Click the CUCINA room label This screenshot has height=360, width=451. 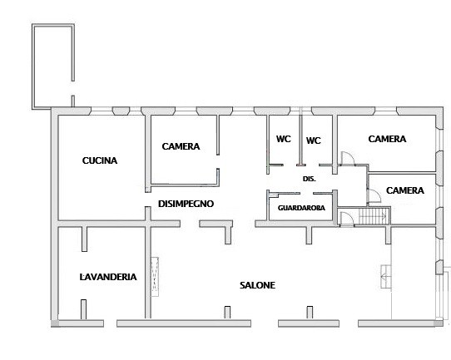pyautogui.click(x=100, y=160)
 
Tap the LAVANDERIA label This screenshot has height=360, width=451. pyautogui.click(x=108, y=277)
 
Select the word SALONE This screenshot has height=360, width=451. pyautogui.click(x=257, y=285)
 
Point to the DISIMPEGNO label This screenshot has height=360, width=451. pyautogui.click(x=186, y=204)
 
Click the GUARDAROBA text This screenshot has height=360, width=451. pyautogui.click(x=301, y=208)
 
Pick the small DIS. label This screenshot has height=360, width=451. pyautogui.click(x=310, y=179)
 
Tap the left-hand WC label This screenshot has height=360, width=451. pyautogui.click(x=284, y=139)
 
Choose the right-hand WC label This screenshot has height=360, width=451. pyautogui.click(x=313, y=141)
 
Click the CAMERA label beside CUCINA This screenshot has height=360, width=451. pyautogui.click(x=181, y=146)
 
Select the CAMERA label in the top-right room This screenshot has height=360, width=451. pyautogui.click(x=387, y=139)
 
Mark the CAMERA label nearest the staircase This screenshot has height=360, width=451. pyautogui.click(x=405, y=190)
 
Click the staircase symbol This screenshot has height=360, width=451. pyautogui.click(x=374, y=216)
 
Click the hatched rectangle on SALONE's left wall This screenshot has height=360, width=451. pyautogui.click(x=155, y=276)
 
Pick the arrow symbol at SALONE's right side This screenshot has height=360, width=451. pyautogui.click(x=386, y=277)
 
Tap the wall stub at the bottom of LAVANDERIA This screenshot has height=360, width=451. pyautogui.click(x=83, y=309)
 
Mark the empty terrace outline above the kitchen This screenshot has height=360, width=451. pyautogui.click(x=32, y=67)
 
